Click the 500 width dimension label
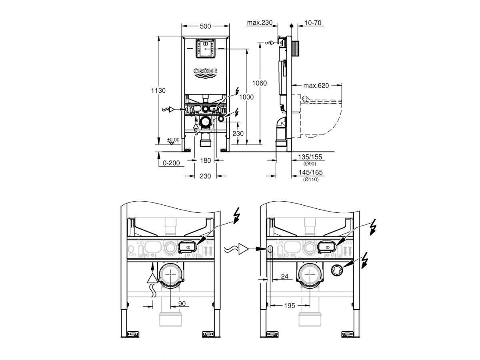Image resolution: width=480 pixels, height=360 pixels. pyautogui.click(x=205, y=26)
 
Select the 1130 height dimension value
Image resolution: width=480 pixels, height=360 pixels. pyautogui.click(x=158, y=90)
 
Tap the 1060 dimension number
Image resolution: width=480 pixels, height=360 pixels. pyautogui.click(x=260, y=83)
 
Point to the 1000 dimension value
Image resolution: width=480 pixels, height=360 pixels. pyautogui.click(x=246, y=97)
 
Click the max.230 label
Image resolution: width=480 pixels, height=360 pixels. pyautogui.click(x=260, y=22)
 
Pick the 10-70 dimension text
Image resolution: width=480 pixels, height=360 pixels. pyautogui.click(x=313, y=23)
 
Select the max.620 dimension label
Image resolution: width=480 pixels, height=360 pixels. pyautogui.click(x=316, y=86)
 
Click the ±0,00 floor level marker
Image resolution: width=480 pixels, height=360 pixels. pyautogui.click(x=173, y=140)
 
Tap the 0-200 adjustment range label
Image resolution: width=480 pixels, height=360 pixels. pyautogui.click(x=172, y=163)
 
